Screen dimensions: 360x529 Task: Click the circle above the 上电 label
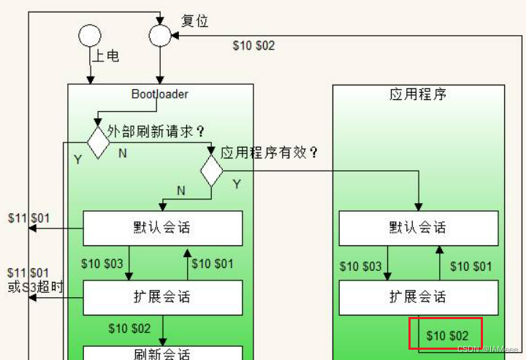click(x=90, y=35)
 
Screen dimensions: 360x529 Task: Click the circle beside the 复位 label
click(x=159, y=34)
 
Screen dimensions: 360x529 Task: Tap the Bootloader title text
click(x=160, y=93)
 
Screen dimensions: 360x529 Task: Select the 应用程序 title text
click(x=417, y=94)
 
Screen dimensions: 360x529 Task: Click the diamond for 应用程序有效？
click(x=212, y=171)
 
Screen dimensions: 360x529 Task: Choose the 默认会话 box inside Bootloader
click(x=162, y=228)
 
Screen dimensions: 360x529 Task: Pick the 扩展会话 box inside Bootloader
click(x=162, y=297)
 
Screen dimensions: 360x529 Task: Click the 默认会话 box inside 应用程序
click(x=417, y=228)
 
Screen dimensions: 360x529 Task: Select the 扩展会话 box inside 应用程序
click(x=417, y=297)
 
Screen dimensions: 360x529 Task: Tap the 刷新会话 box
click(x=162, y=353)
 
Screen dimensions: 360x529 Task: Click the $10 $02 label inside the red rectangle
click(x=447, y=335)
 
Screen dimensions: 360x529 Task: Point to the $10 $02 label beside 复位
click(x=254, y=45)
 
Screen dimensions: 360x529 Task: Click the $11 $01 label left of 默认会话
click(x=29, y=218)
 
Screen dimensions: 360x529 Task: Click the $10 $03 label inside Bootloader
click(x=102, y=264)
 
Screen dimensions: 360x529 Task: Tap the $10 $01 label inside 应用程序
click(x=471, y=267)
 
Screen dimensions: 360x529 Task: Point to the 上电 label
click(x=106, y=55)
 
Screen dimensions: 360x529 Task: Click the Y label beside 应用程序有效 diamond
click(x=236, y=184)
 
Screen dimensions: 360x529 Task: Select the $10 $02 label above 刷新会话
click(x=129, y=329)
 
